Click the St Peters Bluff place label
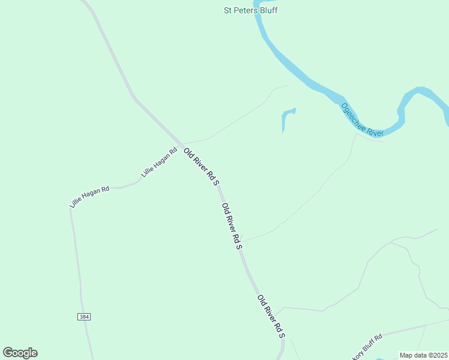click(x=250, y=10)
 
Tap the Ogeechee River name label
click(x=362, y=120)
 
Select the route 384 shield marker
click(x=84, y=316)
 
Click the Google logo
click(x=20, y=353)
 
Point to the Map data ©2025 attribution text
click(x=423, y=355)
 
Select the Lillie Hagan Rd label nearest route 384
click(x=89, y=197)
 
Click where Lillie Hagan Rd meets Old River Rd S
click(x=180, y=146)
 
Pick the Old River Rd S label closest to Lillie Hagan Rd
click(x=201, y=166)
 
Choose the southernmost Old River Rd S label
click(x=271, y=316)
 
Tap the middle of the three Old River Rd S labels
click(x=232, y=226)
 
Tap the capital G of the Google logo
click(x=8, y=352)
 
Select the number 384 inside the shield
click(x=84, y=316)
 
